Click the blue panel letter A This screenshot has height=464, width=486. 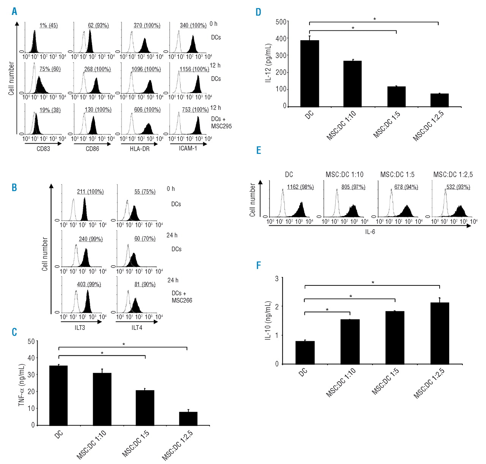click(14, 11)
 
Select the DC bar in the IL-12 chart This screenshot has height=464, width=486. click(309, 73)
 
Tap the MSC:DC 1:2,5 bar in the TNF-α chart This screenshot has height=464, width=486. click(188, 418)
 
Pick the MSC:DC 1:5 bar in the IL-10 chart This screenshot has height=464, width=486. click(395, 337)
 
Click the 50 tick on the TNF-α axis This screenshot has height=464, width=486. click(31, 341)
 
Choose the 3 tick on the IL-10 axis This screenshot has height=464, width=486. click(277, 279)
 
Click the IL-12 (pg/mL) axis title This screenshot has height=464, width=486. click(268, 63)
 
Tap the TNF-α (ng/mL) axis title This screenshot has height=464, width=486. click(22, 385)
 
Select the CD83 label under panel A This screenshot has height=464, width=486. click(43, 149)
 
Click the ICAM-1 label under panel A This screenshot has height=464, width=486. click(188, 149)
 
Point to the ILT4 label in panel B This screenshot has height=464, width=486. click(137, 328)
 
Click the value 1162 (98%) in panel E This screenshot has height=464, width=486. click(300, 187)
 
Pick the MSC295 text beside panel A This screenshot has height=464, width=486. click(221, 126)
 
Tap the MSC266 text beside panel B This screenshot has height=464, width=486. click(182, 300)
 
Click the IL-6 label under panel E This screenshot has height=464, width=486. click(370, 232)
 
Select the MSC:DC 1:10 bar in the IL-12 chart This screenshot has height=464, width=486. click(353, 84)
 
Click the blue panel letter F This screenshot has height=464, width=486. click(259, 265)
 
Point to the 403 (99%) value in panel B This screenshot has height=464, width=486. click(89, 284)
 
